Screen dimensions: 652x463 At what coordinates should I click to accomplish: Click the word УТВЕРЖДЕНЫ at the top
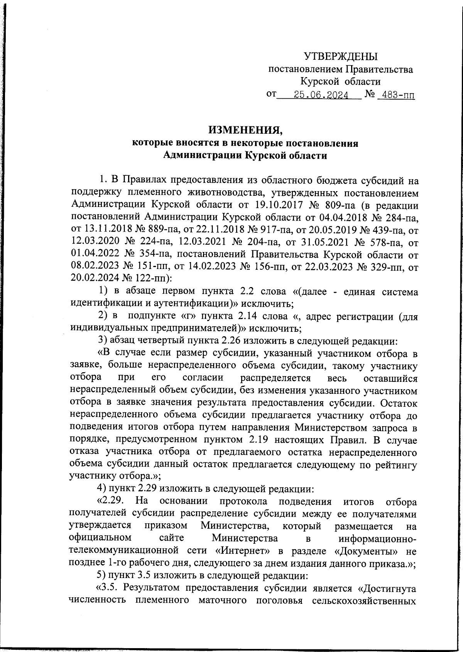pos(341,57)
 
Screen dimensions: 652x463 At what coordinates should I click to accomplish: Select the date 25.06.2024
pos(321,94)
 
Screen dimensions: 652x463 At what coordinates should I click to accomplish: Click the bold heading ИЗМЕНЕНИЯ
pos(245,130)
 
